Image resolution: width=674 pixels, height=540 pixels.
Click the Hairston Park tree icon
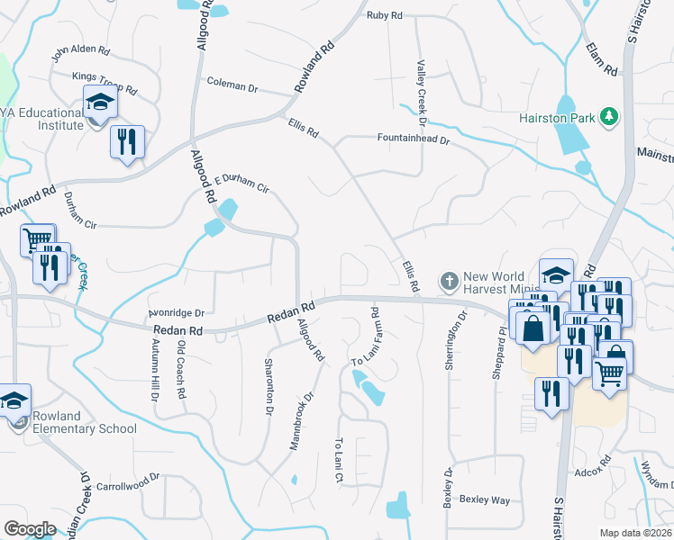click(609, 116)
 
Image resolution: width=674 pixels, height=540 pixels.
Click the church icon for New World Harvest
click(449, 282)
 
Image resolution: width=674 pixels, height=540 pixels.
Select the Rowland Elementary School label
click(84, 422)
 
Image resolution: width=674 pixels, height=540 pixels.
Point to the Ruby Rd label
click(384, 15)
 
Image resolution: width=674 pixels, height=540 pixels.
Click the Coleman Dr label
click(232, 85)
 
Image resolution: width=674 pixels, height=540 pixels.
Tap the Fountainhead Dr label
click(412, 139)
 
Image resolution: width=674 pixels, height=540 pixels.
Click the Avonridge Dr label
click(178, 313)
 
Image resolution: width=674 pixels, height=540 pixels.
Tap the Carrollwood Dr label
click(128, 483)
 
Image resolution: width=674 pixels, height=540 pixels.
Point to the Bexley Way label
click(485, 499)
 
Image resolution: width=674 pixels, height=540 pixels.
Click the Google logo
click(30, 529)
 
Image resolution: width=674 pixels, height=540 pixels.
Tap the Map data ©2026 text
click(636, 533)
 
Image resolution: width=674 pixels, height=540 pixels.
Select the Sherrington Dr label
click(462, 334)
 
